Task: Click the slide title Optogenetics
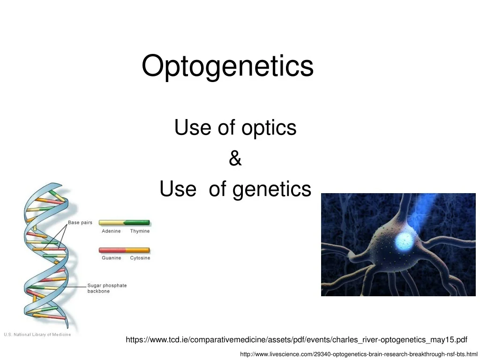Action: [x=227, y=66]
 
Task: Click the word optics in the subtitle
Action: [x=269, y=127]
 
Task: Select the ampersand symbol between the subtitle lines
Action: [x=235, y=159]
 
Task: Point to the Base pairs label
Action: [x=80, y=223]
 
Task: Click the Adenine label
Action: [x=111, y=231]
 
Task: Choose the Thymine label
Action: [x=140, y=231]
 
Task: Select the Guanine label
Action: [x=112, y=258]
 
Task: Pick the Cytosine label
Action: [x=140, y=258]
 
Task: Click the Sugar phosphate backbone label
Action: [x=106, y=288]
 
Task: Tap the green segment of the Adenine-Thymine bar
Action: [x=137, y=223]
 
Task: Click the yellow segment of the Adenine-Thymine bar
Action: [x=111, y=223]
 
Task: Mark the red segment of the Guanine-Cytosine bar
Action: [x=112, y=250]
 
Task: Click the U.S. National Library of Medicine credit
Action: [x=37, y=334]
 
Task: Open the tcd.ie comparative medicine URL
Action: [x=296, y=339]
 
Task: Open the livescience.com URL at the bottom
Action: [x=358, y=354]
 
